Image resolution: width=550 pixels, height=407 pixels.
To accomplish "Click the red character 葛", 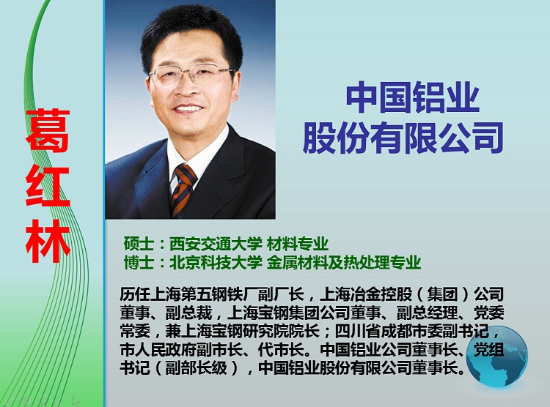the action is click(x=48, y=130).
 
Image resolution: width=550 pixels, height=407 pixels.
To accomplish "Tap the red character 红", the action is click(x=48, y=187).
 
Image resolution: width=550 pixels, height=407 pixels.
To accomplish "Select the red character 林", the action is click(x=48, y=242).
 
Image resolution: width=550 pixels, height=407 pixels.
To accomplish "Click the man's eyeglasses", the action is click(x=191, y=76).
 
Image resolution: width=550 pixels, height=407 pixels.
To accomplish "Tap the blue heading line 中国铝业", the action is click(x=412, y=99).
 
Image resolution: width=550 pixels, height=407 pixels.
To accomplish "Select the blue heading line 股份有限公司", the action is click(x=403, y=138).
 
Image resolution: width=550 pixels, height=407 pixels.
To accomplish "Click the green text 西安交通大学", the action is click(x=216, y=244).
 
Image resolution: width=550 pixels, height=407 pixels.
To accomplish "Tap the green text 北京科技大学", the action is click(x=216, y=263).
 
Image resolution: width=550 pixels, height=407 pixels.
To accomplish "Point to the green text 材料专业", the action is click(x=298, y=244).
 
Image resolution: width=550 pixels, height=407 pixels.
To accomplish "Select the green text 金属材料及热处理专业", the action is click(x=344, y=263).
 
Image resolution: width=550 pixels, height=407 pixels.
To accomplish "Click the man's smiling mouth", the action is click(x=188, y=110).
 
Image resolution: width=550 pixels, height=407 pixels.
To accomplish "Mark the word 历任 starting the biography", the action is click(x=136, y=294).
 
